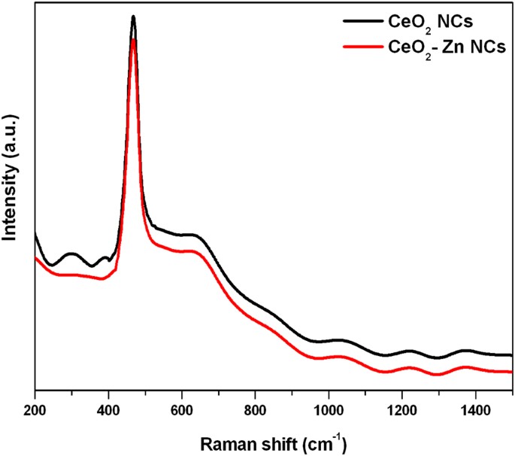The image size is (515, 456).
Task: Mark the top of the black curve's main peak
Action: (x=133, y=16)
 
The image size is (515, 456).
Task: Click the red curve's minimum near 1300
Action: (x=438, y=374)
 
